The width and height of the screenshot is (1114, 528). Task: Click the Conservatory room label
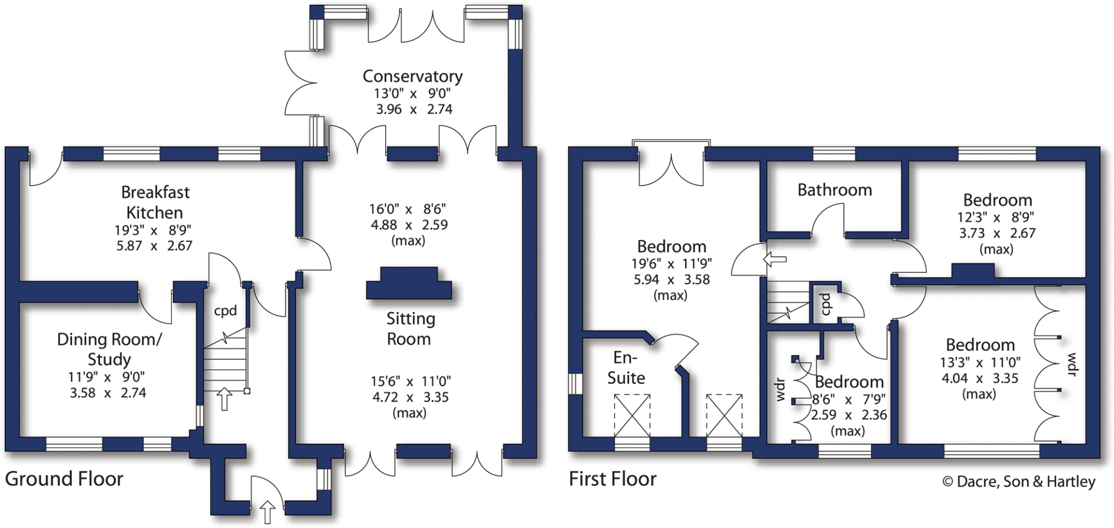point(412,76)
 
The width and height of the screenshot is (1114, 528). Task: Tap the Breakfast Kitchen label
point(155,202)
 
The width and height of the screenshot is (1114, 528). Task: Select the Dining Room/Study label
point(109,349)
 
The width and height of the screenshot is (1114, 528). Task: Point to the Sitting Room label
point(410,328)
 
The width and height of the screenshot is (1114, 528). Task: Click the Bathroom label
point(834,190)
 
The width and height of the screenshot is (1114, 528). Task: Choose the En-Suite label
point(626,368)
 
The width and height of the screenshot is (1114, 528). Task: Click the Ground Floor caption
point(64,479)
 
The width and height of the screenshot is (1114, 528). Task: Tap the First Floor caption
point(612,479)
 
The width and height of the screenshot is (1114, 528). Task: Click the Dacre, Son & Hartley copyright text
point(1018,482)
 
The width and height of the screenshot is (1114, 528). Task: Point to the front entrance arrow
point(267,512)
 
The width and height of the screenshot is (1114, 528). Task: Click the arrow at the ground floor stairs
point(224,399)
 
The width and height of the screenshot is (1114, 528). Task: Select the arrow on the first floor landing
point(775,259)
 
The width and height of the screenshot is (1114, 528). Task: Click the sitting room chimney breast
point(409,283)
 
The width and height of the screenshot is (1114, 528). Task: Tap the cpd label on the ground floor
point(225,311)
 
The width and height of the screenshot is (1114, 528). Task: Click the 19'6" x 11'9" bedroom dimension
point(671,264)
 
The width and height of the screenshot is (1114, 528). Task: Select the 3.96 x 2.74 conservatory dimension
point(414,109)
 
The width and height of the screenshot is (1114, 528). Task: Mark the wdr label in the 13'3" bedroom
point(1071,364)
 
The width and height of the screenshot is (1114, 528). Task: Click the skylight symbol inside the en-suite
point(632,416)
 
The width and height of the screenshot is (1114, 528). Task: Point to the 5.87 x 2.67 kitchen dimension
point(154,246)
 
